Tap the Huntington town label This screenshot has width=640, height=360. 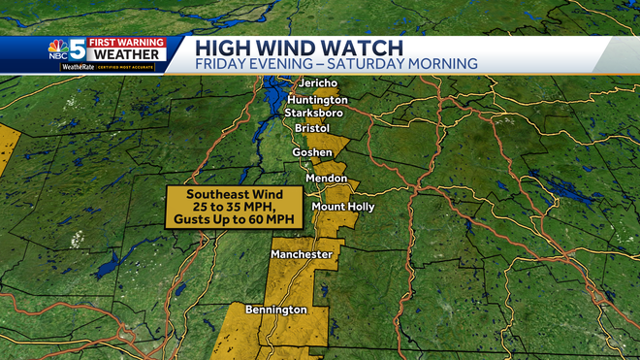click(317, 100)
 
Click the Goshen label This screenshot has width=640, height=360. click(312, 153)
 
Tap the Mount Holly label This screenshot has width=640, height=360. click(342, 207)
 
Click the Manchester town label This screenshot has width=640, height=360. click(302, 254)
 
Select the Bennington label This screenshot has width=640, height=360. click(275, 310)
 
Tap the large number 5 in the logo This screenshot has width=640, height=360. click(77, 49)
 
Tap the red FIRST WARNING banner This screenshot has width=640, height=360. click(126, 43)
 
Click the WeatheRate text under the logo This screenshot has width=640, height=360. click(78, 67)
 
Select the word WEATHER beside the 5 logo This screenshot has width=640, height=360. click(126, 54)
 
